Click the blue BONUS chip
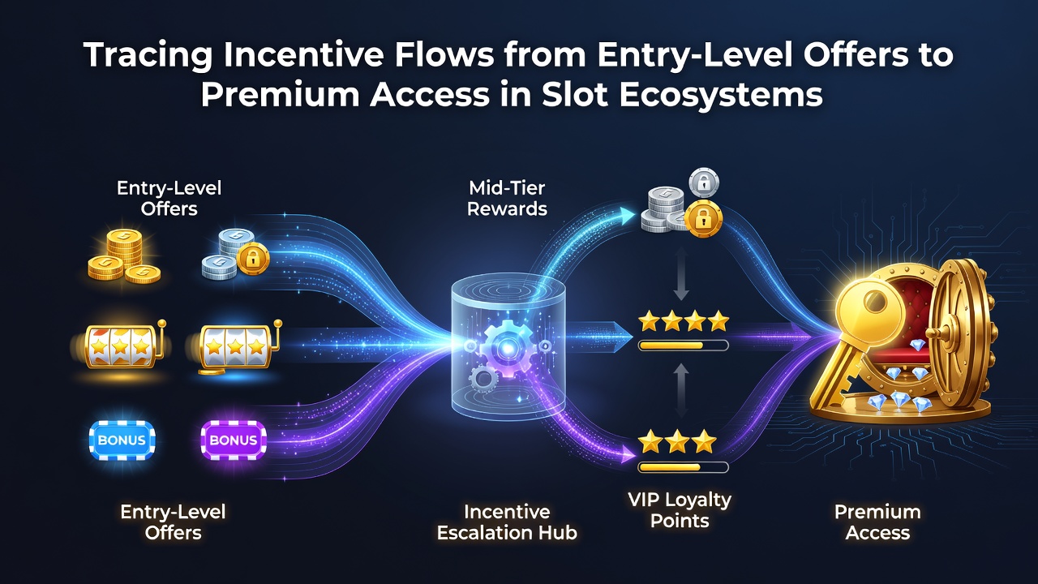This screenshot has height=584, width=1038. point(122,440)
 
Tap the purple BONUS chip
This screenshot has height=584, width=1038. point(234,440)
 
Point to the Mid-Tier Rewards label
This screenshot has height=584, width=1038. point(507,199)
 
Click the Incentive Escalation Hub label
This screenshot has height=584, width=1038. point(507,522)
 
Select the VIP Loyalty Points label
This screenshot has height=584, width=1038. point(680,510)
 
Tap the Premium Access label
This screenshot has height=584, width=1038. point(877,522)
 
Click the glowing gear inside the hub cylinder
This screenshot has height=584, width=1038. point(507,348)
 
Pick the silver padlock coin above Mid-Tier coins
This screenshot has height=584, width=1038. point(704,183)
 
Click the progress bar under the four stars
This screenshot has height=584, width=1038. point(683,346)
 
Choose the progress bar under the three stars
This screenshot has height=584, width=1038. point(683,467)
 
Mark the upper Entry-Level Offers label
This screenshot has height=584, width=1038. point(169,199)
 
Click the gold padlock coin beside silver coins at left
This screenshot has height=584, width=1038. point(253,258)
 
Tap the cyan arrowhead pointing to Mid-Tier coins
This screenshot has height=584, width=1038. point(627,216)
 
